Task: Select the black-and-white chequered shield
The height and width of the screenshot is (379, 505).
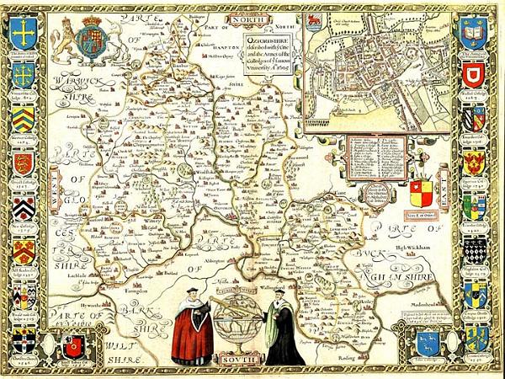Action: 475,248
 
